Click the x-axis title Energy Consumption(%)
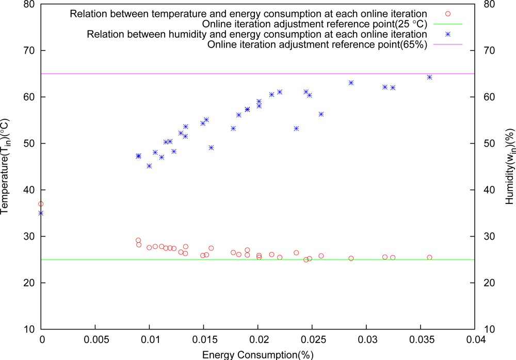[x=257, y=354]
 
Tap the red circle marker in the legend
[x=447, y=13]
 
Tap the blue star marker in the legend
[x=447, y=34]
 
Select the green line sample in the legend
[x=447, y=24]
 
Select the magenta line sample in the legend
[x=447, y=44]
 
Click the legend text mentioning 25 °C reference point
[x=314, y=24]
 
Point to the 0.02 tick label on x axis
[x=257, y=340]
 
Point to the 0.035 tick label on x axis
[x=420, y=340]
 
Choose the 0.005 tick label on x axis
[x=95, y=340]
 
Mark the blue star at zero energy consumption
[x=41, y=213]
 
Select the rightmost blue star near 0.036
[x=429, y=77]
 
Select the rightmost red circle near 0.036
[x=429, y=257]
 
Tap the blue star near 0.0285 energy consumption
[x=351, y=83]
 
